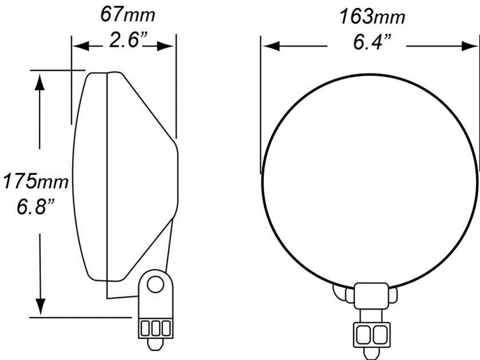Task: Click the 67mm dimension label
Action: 128,15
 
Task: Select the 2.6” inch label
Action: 129,40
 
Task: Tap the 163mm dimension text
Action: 372,17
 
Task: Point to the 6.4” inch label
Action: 372,42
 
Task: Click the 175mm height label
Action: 35,181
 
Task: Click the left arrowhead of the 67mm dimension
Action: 81,46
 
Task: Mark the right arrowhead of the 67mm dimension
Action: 165,46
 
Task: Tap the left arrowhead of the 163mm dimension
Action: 271,46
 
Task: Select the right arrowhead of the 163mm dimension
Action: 470,46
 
